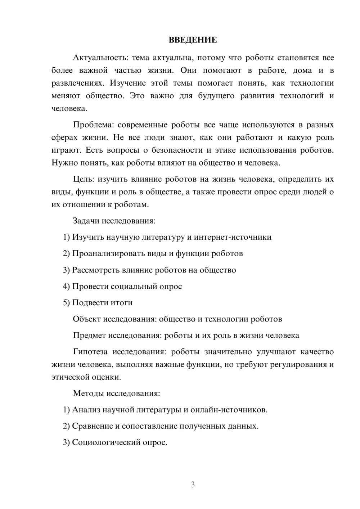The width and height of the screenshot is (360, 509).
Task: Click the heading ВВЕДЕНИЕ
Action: [193, 40]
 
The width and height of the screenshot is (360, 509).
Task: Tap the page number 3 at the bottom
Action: [193, 485]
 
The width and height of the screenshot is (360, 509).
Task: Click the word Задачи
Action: [86, 221]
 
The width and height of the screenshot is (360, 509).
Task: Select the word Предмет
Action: [89, 335]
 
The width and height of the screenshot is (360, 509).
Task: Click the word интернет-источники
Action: [233, 237]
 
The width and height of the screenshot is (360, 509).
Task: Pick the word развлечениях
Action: [78, 83]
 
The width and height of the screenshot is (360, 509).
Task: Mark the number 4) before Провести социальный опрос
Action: [66, 287]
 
